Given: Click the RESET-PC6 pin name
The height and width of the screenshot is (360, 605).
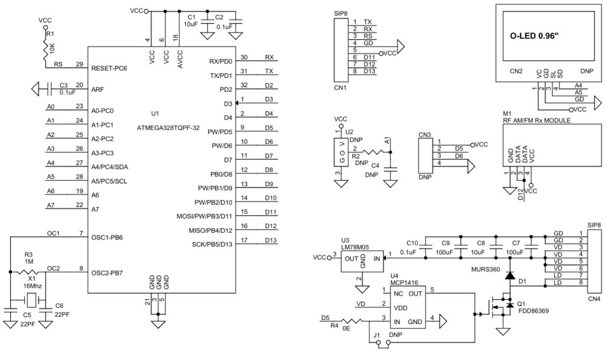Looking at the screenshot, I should pyautogui.click(x=109, y=69).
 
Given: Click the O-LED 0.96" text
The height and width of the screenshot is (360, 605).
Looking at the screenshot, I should pyautogui.click(x=534, y=36).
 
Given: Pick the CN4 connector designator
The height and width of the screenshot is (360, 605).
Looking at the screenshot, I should pyautogui.click(x=594, y=299).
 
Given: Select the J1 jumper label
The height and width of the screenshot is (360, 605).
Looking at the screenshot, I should pyautogui.click(x=376, y=335).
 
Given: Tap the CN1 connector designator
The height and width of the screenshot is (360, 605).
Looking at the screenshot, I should pyautogui.click(x=340, y=87).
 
